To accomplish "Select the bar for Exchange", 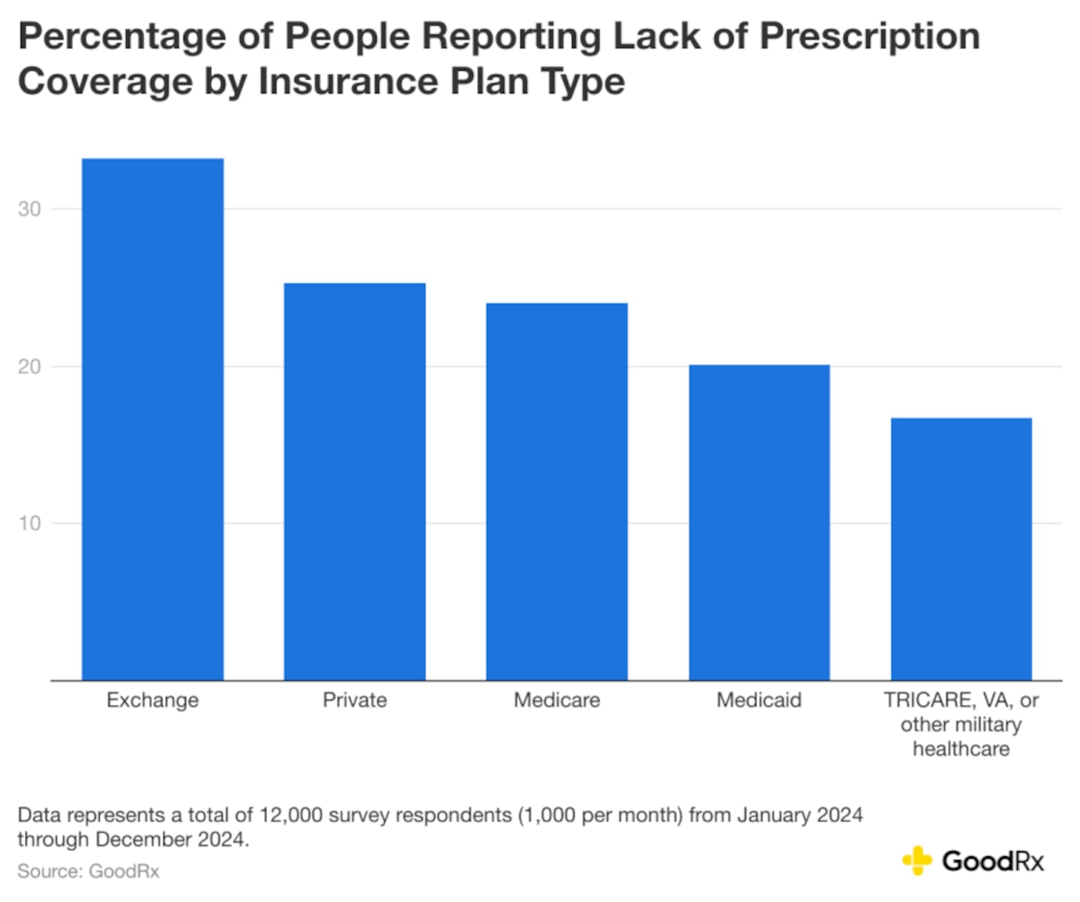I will click(152, 420).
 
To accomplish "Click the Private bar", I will click(355, 481).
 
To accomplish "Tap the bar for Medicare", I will click(556, 492).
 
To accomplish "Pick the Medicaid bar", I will click(759, 523).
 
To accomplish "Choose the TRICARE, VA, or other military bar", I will click(961, 549).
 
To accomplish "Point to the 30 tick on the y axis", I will click(29, 209).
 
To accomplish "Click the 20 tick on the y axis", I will click(29, 367).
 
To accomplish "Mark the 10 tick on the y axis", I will click(29, 523).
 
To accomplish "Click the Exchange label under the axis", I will click(152, 700).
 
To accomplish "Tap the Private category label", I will click(355, 700).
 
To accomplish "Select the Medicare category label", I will click(556, 700).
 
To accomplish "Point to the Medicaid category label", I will click(759, 700).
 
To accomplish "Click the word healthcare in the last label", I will click(961, 749).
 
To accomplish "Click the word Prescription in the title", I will click(869, 37).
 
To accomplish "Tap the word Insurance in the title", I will click(348, 82).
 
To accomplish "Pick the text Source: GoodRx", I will click(88, 871).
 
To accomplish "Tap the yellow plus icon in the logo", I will click(916, 861).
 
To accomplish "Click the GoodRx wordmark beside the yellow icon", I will click(993, 862).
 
